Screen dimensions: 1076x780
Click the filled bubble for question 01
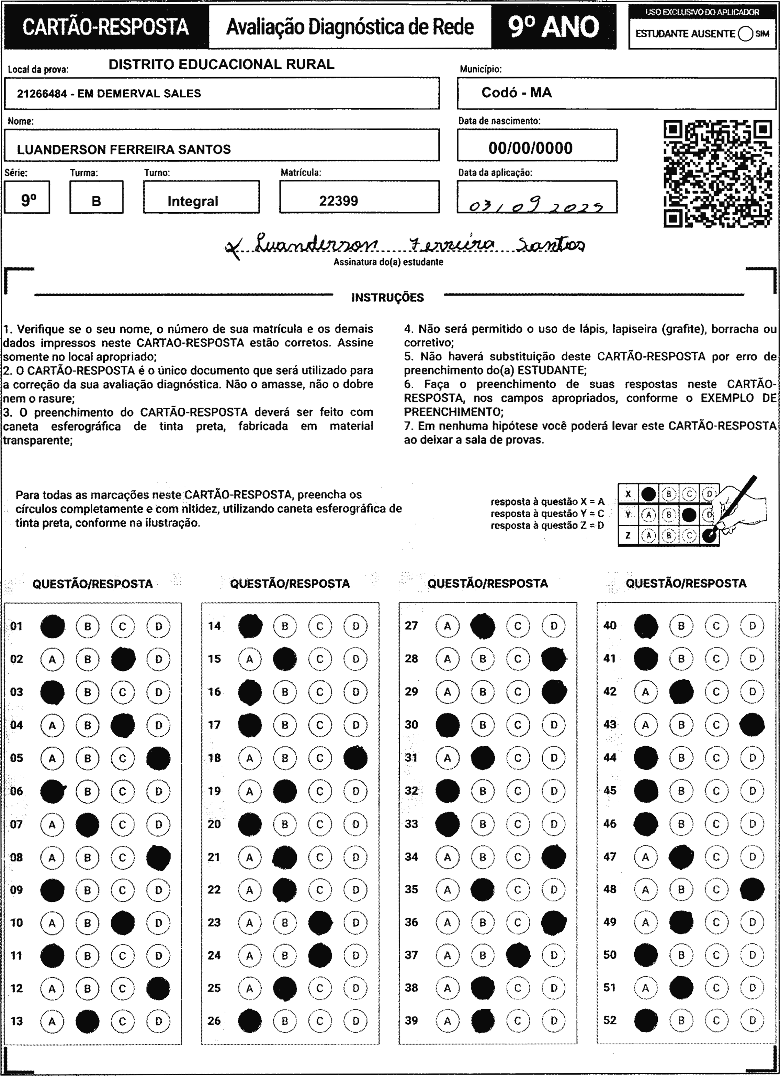click(x=52, y=626)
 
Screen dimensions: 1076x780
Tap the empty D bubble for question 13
click(x=159, y=1021)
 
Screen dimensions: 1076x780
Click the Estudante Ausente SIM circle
click(x=745, y=34)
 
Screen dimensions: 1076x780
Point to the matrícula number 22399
click(x=338, y=201)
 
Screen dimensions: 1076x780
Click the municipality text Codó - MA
click(x=517, y=92)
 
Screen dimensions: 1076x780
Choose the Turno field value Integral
click(x=193, y=201)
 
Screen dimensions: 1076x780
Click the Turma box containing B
click(x=96, y=201)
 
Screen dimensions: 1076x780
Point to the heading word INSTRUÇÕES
click(x=387, y=297)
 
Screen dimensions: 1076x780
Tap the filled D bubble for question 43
click(x=752, y=725)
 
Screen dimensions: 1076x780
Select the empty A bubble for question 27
click(x=447, y=626)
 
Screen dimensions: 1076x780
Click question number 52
click(x=610, y=1020)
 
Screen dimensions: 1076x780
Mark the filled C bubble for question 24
click(x=320, y=955)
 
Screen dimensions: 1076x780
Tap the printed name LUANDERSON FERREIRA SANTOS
click(x=124, y=150)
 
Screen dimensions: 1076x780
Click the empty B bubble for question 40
click(x=681, y=626)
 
